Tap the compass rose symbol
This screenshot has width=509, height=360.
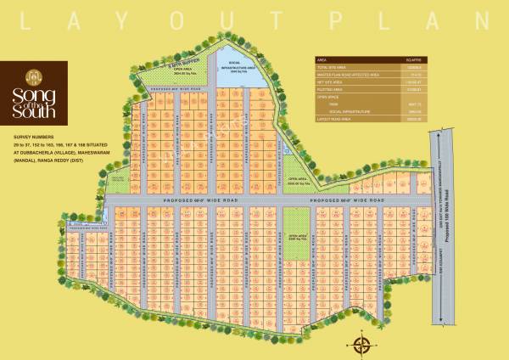[362, 345]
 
